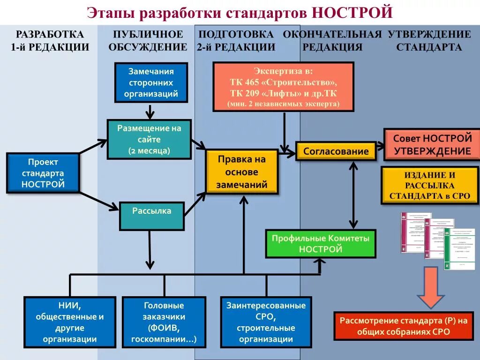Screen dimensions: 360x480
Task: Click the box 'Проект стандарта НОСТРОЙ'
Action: [x=43, y=173]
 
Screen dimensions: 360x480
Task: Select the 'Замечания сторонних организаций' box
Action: [x=151, y=82]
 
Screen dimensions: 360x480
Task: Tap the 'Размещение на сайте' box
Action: [x=150, y=139]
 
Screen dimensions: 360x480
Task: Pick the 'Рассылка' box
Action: [x=151, y=215]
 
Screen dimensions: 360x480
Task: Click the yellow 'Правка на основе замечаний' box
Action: [x=241, y=172]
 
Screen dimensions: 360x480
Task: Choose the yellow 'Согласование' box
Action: [x=336, y=151]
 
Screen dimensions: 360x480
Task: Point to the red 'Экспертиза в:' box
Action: [x=283, y=87]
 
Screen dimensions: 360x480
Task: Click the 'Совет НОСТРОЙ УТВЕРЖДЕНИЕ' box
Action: [x=432, y=145]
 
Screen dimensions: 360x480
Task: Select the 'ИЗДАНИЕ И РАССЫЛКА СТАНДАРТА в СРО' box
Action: [x=429, y=186]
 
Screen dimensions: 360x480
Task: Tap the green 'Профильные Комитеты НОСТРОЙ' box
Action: [x=321, y=243]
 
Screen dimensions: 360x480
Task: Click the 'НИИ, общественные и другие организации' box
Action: [x=69, y=322]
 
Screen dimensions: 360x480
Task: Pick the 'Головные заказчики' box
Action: [x=164, y=322]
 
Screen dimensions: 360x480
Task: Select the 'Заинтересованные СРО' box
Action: [x=266, y=322]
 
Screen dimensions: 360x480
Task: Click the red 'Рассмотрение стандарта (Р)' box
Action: [x=404, y=326]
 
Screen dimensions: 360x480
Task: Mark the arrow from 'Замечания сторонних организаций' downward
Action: [x=150, y=111]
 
